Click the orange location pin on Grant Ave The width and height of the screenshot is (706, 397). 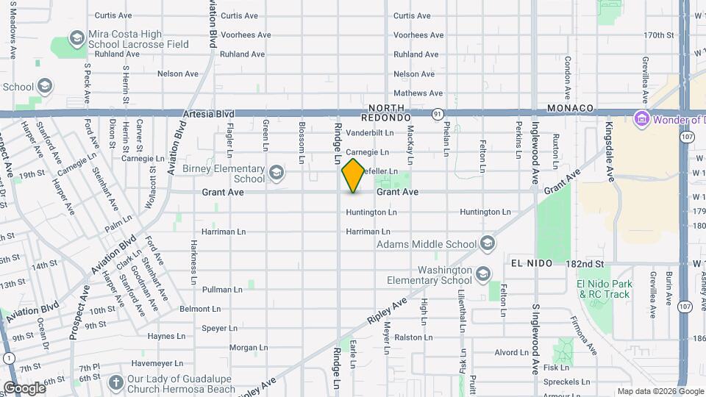[353, 176]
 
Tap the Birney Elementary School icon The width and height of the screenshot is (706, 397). [277, 173]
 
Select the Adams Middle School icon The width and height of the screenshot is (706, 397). [488, 244]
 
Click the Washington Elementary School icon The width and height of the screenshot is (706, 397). [483, 275]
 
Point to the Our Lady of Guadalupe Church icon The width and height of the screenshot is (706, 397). [115, 382]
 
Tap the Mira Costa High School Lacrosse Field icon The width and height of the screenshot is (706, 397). [76, 38]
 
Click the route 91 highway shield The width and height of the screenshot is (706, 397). [438, 114]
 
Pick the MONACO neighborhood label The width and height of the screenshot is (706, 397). [570, 108]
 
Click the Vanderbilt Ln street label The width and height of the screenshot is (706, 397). [369, 133]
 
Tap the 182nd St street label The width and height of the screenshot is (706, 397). [585, 262]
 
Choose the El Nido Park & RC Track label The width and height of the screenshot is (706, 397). [604, 289]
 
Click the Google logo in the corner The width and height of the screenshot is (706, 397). [24, 388]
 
